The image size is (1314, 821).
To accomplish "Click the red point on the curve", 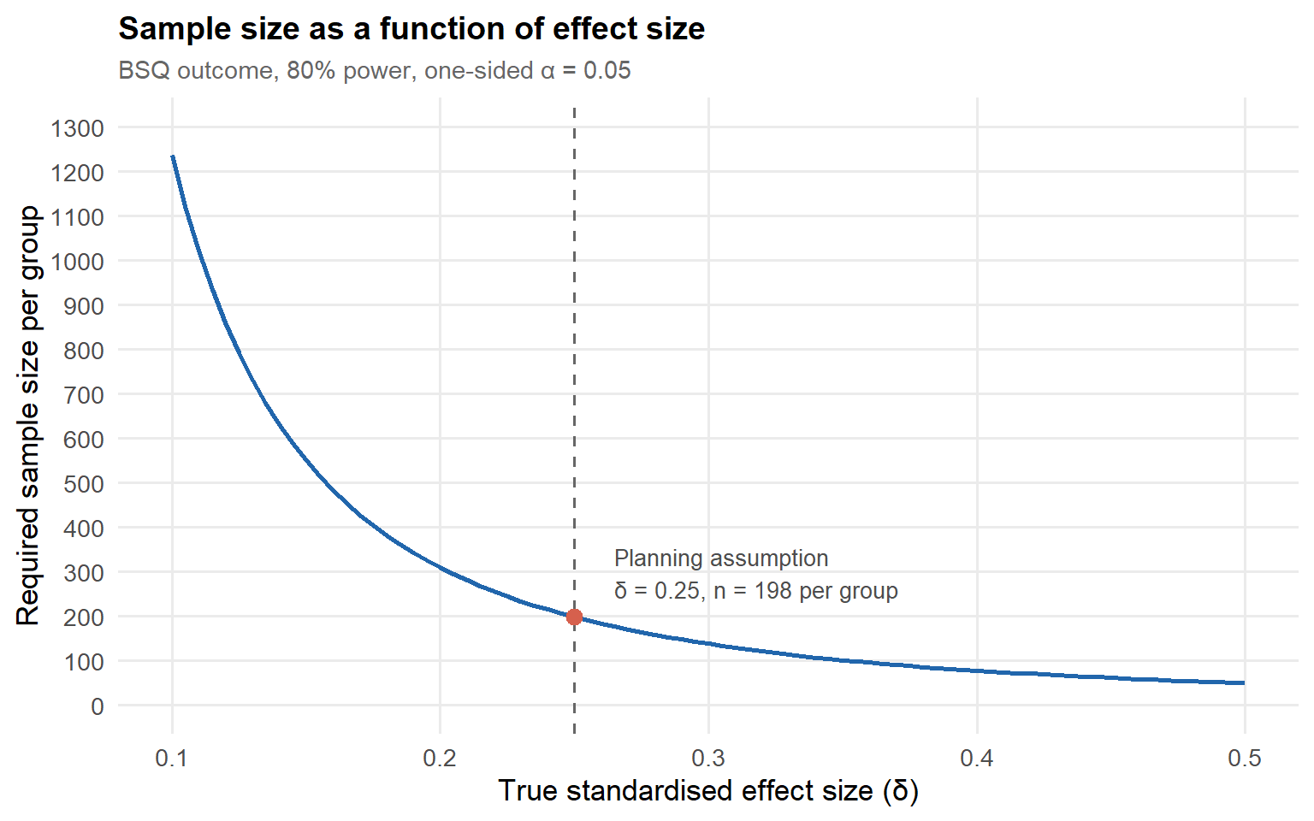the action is [574, 617].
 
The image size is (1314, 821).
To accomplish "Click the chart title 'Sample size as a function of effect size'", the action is [411, 29].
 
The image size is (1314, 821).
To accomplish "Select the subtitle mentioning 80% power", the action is [374, 70].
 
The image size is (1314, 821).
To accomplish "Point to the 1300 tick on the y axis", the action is [78, 128].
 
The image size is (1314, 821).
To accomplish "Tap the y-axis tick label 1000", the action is [78, 262].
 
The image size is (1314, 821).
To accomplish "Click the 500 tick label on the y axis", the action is [84, 484].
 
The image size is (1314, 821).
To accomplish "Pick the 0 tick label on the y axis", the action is [98, 706].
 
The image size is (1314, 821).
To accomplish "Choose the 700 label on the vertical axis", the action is [84, 394].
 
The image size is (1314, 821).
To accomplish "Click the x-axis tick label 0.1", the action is [171, 759].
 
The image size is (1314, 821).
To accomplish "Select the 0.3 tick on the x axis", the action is [708, 759].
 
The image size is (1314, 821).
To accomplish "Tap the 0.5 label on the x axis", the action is [1244, 759].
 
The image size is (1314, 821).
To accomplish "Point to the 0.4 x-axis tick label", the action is [977, 759].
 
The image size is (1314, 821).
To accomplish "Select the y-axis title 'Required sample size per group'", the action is [27, 415].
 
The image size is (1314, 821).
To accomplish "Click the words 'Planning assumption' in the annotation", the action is [721, 558].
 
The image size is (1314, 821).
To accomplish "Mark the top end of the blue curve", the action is [173, 156].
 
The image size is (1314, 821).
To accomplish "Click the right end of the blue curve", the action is [1244, 682].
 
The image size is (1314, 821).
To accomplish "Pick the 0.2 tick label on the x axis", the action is [440, 759].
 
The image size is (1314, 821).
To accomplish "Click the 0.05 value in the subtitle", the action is [607, 70].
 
